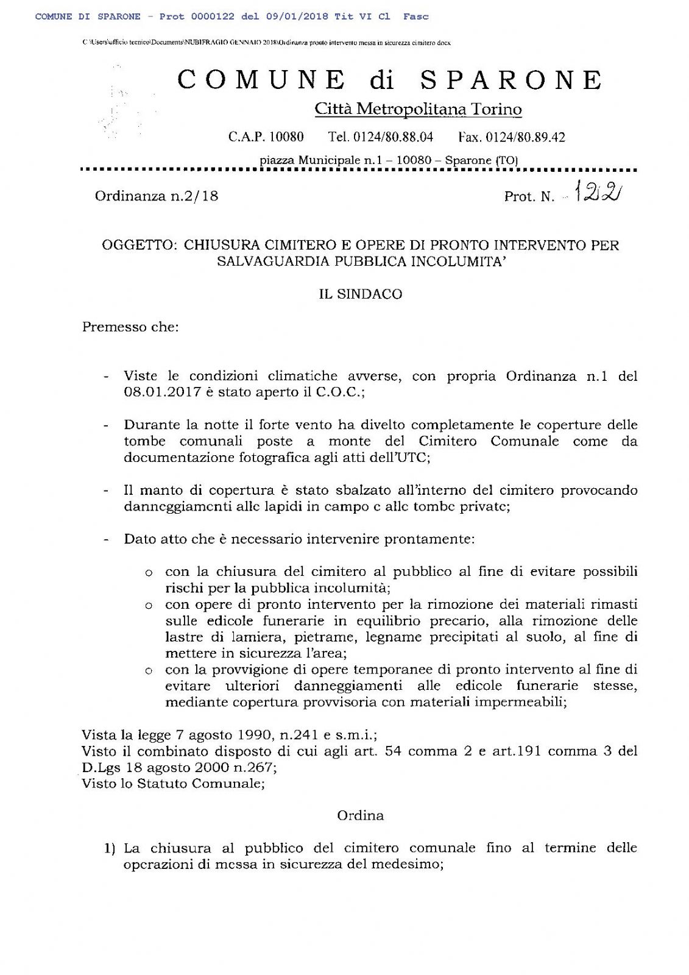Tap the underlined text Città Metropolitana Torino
tap(418, 109)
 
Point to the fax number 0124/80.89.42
tap(525, 137)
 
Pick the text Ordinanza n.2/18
tap(157, 196)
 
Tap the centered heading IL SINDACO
tap(361, 294)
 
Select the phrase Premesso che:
tap(130, 327)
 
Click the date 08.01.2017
tap(162, 392)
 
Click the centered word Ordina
tap(361, 815)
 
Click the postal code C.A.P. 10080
tap(266, 137)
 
